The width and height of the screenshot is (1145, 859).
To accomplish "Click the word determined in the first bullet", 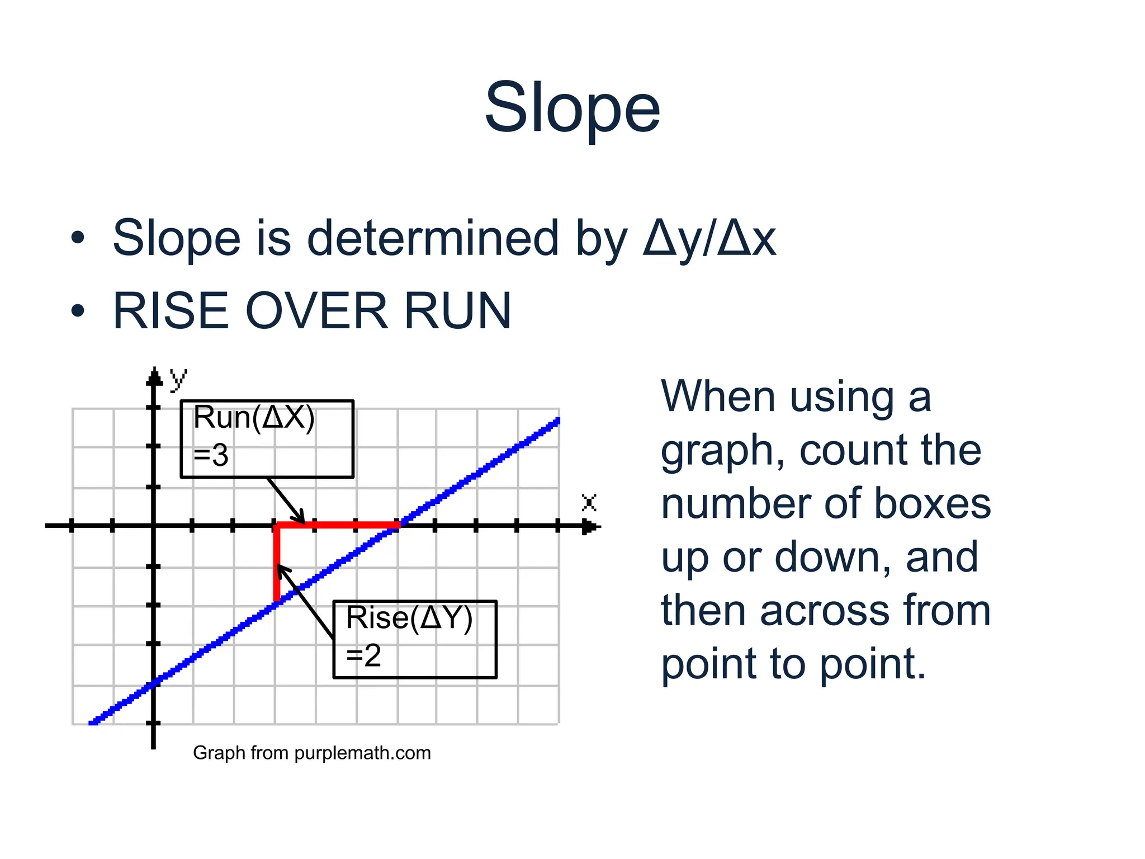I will click(433, 239).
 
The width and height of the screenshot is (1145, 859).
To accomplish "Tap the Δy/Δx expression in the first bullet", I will click(709, 239).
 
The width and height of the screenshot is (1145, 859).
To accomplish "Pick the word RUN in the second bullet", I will click(457, 311).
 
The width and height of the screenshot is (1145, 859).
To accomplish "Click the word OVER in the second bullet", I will click(316, 311).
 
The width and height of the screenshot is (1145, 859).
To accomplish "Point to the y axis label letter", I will click(178, 379).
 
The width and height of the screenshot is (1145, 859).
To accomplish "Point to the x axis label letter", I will click(589, 502).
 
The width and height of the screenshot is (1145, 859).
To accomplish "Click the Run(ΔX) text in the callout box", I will click(254, 418).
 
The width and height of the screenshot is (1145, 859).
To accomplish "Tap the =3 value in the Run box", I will click(211, 456).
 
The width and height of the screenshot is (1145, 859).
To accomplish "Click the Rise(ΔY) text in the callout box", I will click(409, 618).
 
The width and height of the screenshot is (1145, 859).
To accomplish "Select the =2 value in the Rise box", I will click(363, 655).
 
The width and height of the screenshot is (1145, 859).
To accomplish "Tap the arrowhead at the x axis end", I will click(590, 526).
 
